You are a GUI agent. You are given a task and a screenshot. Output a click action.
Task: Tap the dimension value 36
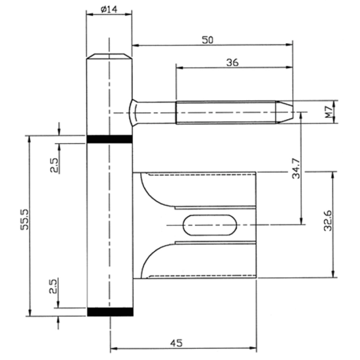coord(232,62)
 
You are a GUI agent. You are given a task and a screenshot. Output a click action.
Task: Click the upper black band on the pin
coord(109,139)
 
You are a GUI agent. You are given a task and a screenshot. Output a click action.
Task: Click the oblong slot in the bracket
coord(209,225)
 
